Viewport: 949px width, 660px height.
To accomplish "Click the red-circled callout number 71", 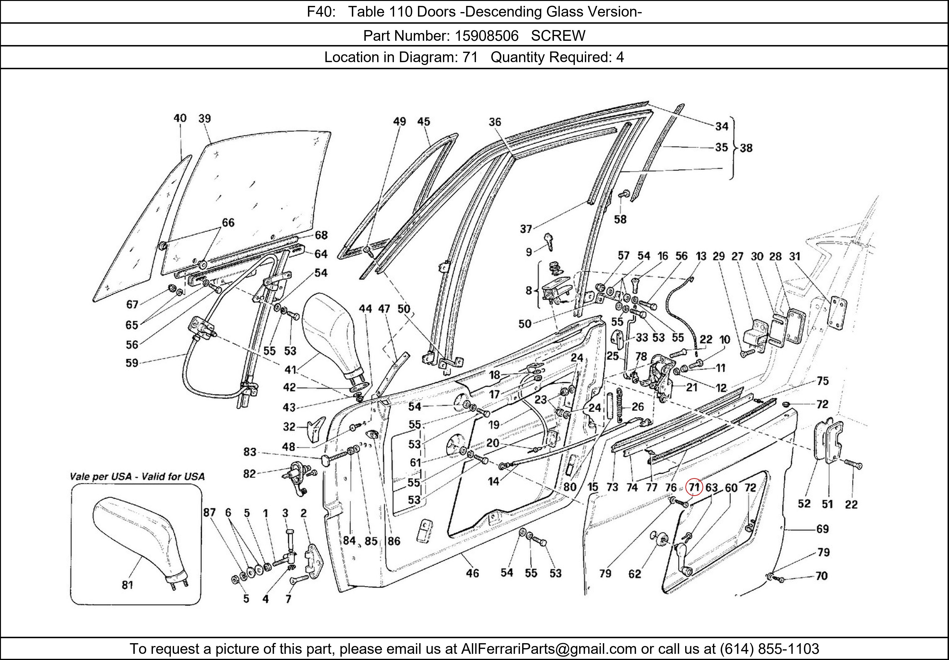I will [694, 487].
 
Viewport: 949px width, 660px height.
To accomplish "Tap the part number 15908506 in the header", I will [487, 36].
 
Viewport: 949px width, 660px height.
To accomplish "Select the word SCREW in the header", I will [558, 36].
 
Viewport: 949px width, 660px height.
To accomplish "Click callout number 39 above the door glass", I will [205, 119].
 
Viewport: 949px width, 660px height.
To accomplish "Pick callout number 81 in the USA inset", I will [127, 585].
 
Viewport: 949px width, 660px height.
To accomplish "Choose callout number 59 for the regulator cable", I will [132, 363].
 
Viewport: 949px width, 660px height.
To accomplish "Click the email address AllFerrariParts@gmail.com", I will [549, 649].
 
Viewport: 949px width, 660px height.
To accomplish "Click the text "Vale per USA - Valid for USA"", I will [137, 477].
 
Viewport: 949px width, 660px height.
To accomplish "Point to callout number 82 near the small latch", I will [249, 473].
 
